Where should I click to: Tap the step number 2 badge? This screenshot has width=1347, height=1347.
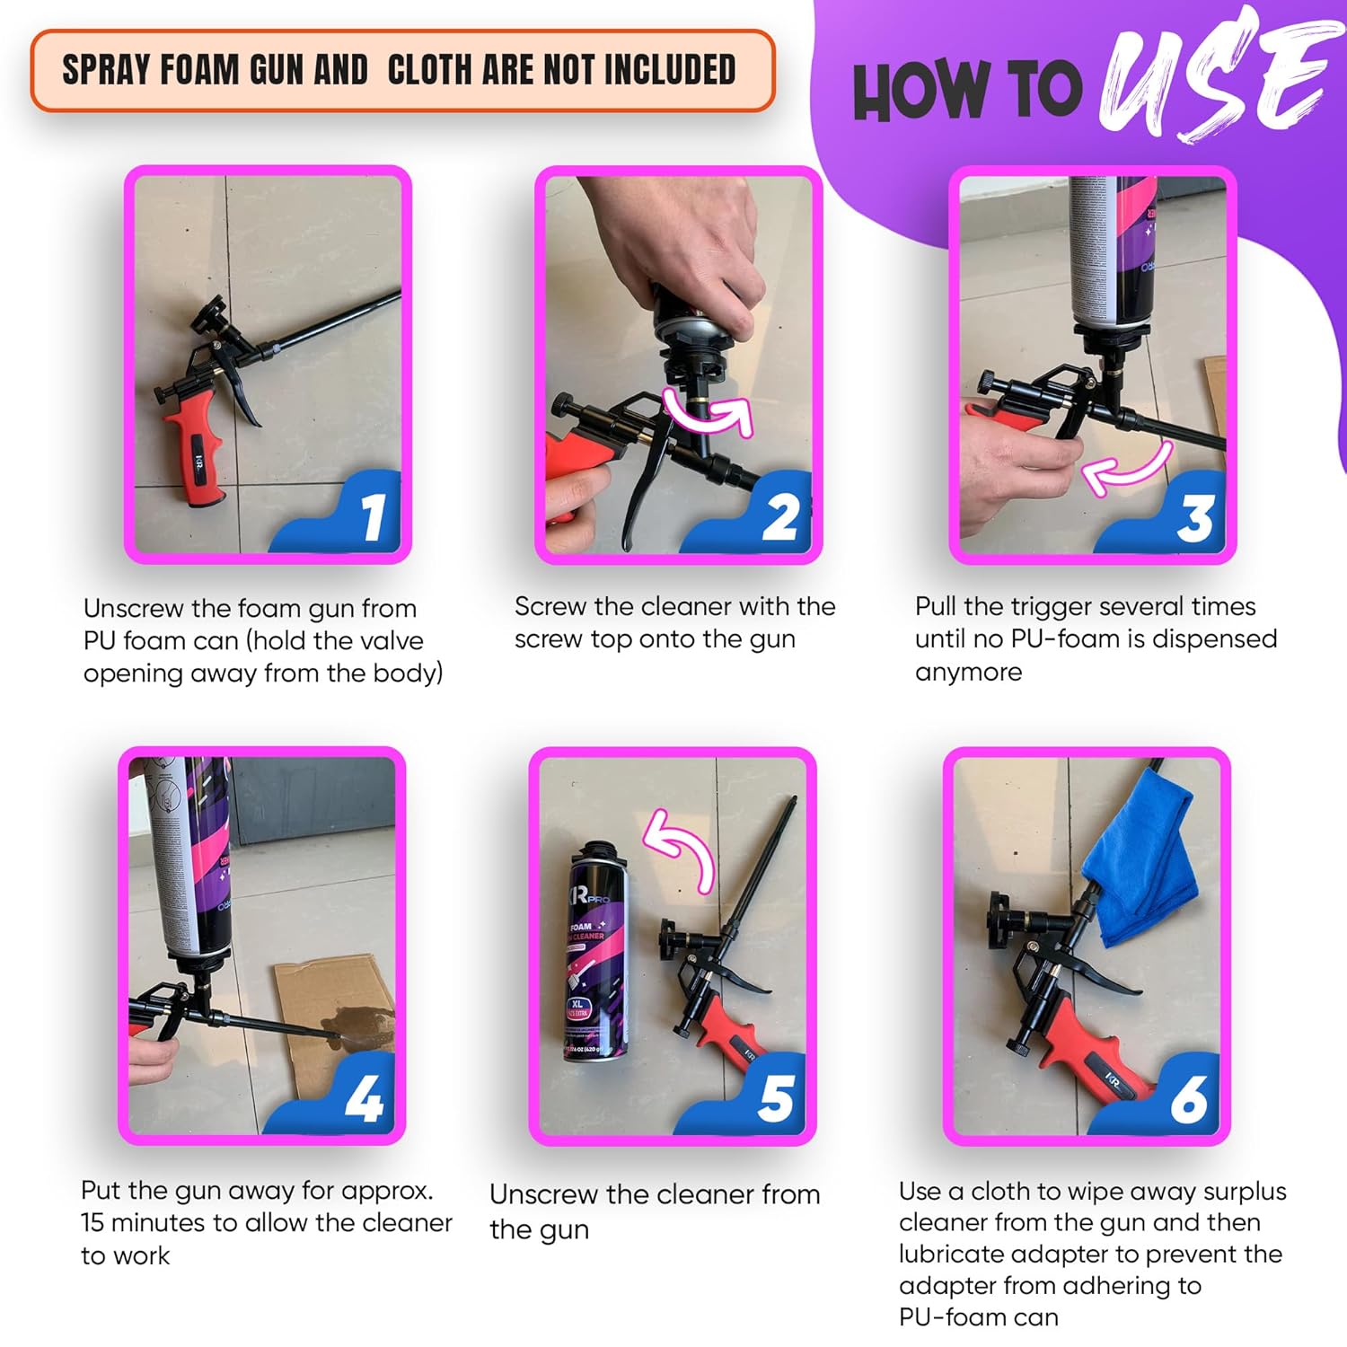[780, 518]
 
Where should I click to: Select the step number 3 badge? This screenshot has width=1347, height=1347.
[1194, 518]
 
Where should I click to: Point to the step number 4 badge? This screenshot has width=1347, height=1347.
[364, 1098]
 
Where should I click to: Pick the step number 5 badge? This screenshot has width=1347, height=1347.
[775, 1098]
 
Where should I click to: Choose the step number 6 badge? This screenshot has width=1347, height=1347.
[1189, 1098]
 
